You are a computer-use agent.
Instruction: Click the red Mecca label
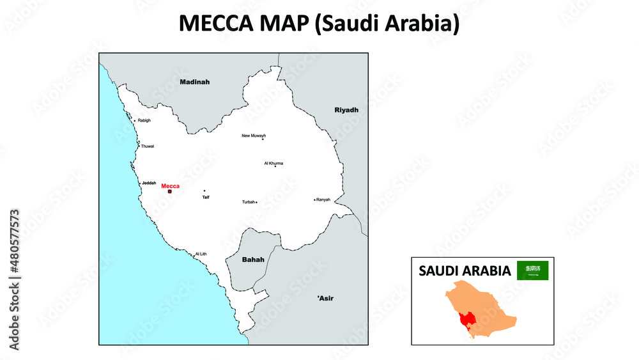click(171, 186)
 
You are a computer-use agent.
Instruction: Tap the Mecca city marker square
click(170, 191)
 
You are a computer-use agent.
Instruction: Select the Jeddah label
click(149, 183)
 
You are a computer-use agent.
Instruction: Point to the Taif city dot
click(204, 191)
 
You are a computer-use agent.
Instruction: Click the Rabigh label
click(144, 120)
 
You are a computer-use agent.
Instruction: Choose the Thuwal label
click(148, 146)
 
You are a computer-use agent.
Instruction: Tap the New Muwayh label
click(253, 136)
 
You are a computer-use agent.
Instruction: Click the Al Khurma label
click(273, 163)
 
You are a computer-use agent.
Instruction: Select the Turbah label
click(248, 202)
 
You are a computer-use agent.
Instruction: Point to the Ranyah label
click(324, 200)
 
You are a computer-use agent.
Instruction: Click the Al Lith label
click(201, 254)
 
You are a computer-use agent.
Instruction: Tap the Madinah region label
click(194, 82)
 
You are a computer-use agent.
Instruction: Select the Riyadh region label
click(346, 110)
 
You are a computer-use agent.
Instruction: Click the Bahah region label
click(253, 260)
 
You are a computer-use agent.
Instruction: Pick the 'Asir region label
click(325, 298)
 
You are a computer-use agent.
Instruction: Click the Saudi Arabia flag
click(533, 270)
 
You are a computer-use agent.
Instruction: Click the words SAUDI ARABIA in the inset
click(465, 271)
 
